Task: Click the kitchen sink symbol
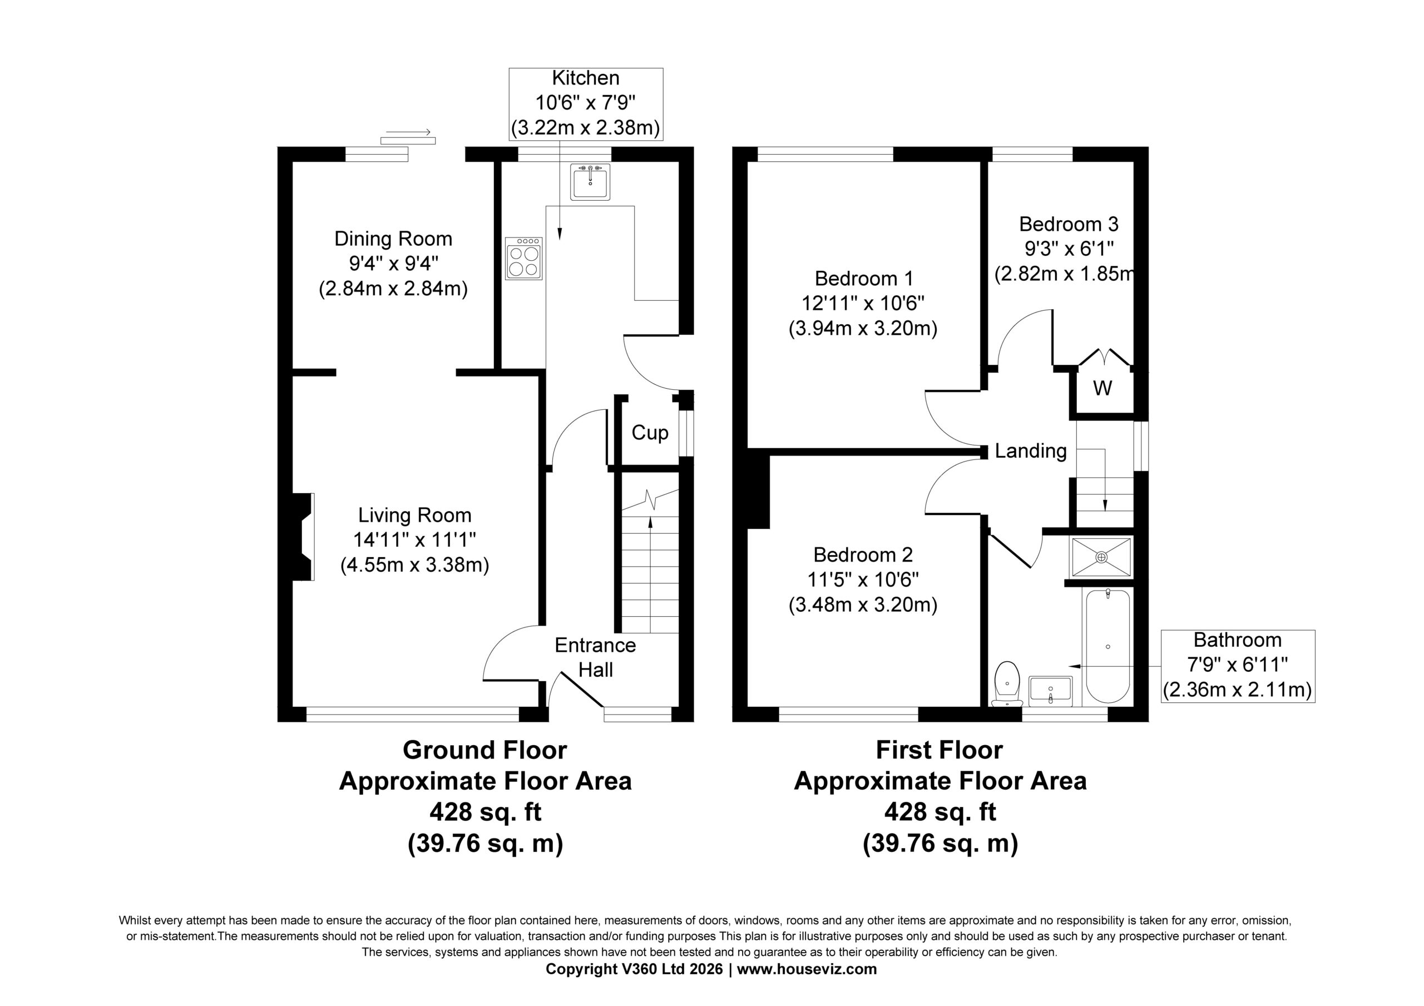tap(590, 181)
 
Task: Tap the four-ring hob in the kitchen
tap(523, 259)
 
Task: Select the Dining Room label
tap(393, 239)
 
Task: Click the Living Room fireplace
tap(303, 537)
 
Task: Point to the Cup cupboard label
tap(650, 433)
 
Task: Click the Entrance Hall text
tap(595, 657)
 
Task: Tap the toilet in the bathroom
tap(1007, 684)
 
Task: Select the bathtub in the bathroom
tap(1107, 646)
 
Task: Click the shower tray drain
tap(1101, 558)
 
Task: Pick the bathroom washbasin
tap(1051, 691)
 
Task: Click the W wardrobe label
tap(1102, 388)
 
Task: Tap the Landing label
tap(1031, 451)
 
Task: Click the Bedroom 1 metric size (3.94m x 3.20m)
tap(863, 328)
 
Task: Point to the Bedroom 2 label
tap(863, 554)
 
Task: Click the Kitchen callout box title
tap(586, 78)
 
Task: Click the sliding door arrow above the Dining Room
tap(408, 132)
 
